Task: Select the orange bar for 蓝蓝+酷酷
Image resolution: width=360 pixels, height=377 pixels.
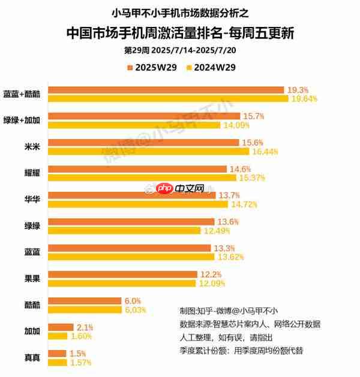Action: tap(166, 90)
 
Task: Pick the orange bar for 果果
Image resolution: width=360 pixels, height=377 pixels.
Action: tap(122, 274)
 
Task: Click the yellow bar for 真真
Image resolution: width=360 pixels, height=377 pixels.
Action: tap(58, 362)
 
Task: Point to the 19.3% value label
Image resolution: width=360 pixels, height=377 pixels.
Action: tap(298, 90)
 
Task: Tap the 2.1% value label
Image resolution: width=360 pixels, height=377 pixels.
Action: tap(85, 327)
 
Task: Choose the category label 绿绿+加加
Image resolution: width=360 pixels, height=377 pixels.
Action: tap(22, 120)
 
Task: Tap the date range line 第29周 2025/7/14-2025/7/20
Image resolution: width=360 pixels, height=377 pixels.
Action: tap(180, 50)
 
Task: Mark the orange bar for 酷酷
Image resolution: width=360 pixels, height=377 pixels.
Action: tap(85, 300)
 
